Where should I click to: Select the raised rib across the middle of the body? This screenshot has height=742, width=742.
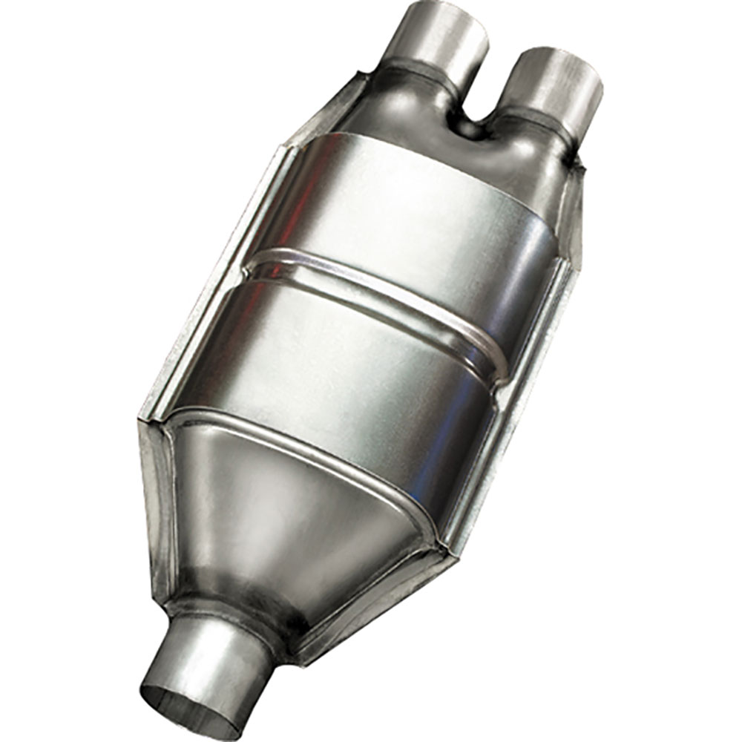pos(378,297)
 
